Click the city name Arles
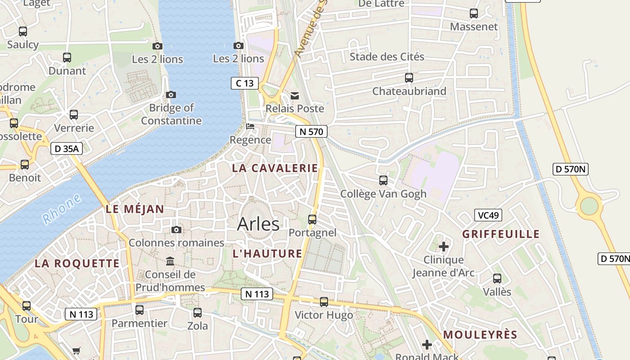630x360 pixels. (258, 224)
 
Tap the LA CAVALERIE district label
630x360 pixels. (275, 168)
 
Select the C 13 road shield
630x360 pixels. (245, 83)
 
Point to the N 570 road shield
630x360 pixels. (311, 132)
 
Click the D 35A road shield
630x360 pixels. (67, 148)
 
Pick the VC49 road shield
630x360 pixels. (488, 216)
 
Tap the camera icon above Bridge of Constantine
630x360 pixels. (171, 94)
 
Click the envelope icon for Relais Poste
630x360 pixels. (295, 95)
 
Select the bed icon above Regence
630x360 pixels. (250, 126)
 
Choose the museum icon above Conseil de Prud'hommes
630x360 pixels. (170, 261)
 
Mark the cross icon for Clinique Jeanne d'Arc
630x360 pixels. (444, 247)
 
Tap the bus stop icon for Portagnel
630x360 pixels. (312, 220)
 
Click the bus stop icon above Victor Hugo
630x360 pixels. (324, 302)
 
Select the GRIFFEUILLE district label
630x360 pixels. (501, 234)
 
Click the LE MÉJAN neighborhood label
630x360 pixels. (135, 209)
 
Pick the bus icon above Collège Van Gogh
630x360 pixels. (383, 180)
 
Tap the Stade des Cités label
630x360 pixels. (387, 57)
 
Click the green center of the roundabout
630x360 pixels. (589, 206)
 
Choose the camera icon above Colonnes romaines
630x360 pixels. (176, 230)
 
